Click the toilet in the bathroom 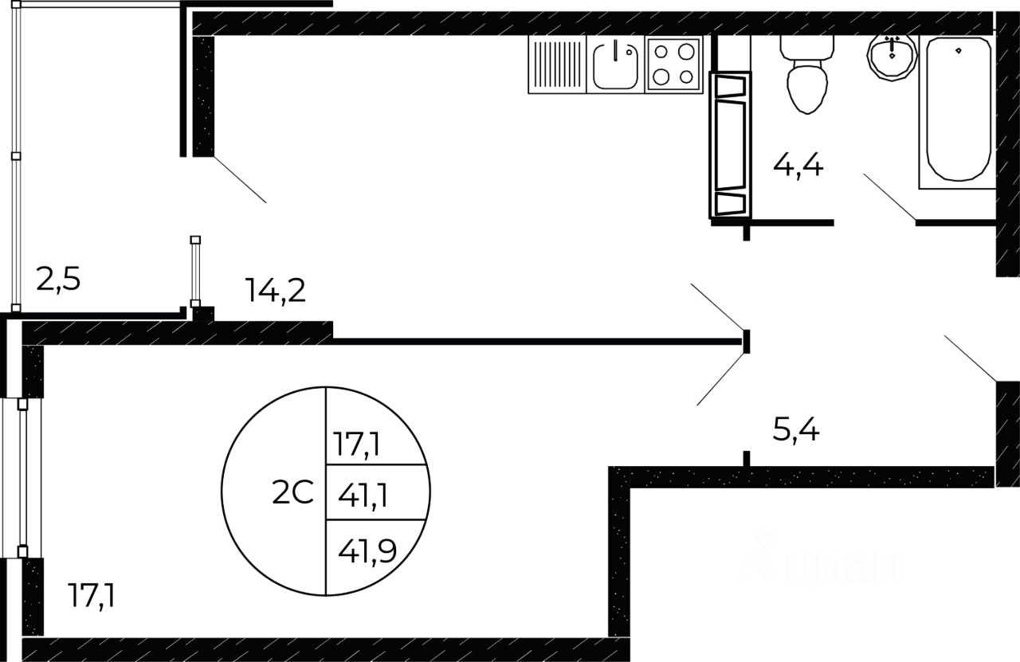pyautogui.click(x=807, y=74)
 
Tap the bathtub pyautogui.click(x=957, y=112)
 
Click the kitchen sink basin pyautogui.click(x=615, y=66)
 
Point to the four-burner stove pyautogui.click(x=674, y=65)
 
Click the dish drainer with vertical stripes pyautogui.click(x=557, y=65)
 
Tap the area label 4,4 pyautogui.click(x=798, y=166)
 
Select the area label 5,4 pyautogui.click(x=796, y=430)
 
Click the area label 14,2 pyautogui.click(x=275, y=290)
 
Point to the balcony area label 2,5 pyautogui.click(x=58, y=280)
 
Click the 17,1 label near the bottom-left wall pyautogui.click(x=91, y=596)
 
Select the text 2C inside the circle pyautogui.click(x=292, y=492)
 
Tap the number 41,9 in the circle pyautogui.click(x=367, y=552)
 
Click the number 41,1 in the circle pyautogui.click(x=363, y=496)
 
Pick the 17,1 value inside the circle pyautogui.click(x=356, y=444)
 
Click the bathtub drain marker pyautogui.click(x=959, y=50)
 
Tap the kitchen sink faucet pyautogui.click(x=616, y=50)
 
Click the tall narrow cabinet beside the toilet pyautogui.click(x=730, y=145)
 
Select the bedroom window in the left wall pyautogui.click(x=22, y=478)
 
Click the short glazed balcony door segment pyautogui.click(x=195, y=272)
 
